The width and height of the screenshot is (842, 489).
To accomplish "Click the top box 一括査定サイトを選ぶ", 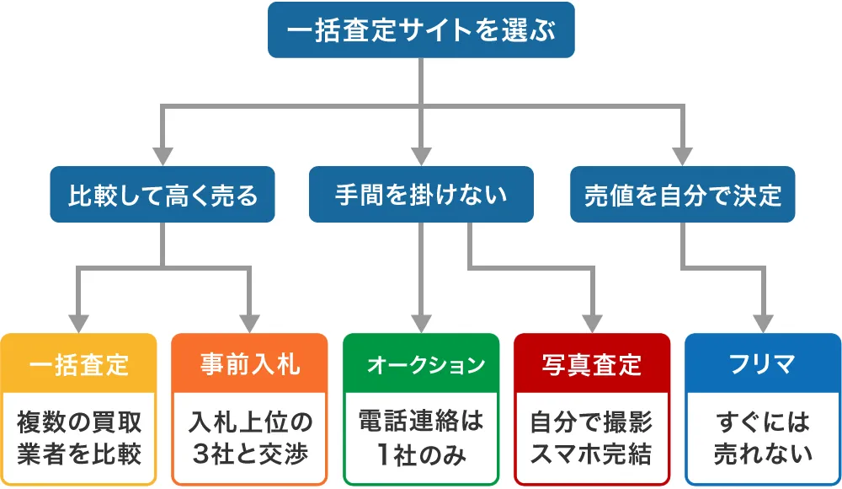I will pyautogui.click(x=421, y=30).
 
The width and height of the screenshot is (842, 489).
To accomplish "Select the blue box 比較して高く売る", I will pyautogui.click(x=163, y=195).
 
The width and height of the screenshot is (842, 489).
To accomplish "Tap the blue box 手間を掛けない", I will pyautogui.click(x=421, y=195).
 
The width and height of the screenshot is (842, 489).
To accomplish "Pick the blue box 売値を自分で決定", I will pyautogui.click(x=682, y=195).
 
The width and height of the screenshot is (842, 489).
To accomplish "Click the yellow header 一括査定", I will pyautogui.click(x=78, y=364).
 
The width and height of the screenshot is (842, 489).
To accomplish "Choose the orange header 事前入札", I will pyautogui.click(x=249, y=364).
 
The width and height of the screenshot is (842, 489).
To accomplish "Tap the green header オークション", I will pyautogui.click(x=421, y=364).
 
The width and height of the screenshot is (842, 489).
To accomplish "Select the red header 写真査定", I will pyautogui.click(x=592, y=364).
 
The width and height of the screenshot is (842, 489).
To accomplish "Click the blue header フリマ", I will pyautogui.click(x=763, y=364).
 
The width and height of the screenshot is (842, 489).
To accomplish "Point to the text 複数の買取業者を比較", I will pyautogui.click(x=78, y=438).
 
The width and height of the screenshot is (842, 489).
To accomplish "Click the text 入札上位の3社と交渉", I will pyautogui.click(x=249, y=438).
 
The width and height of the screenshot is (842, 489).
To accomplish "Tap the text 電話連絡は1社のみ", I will pyautogui.click(x=421, y=438).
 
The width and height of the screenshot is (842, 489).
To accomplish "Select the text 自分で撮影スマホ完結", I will pyautogui.click(x=592, y=438).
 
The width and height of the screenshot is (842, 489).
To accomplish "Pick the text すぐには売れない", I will pyautogui.click(x=763, y=438).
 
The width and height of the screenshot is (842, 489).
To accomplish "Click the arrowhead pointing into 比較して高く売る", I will pyautogui.click(x=163, y=156).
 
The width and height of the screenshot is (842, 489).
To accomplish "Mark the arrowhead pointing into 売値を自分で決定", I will pyautogui.click(x=682, y=156).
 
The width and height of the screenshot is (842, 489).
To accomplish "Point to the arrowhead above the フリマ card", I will pyautogui.click(x=763, y=324).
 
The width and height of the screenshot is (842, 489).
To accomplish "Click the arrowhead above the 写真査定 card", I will pyautogui.click(x=592, y=324).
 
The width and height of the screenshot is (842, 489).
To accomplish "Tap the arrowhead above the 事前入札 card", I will pyautogui.click(x=249, y=324).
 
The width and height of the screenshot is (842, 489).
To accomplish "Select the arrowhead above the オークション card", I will pyautogui.click(x=421, y=324).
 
